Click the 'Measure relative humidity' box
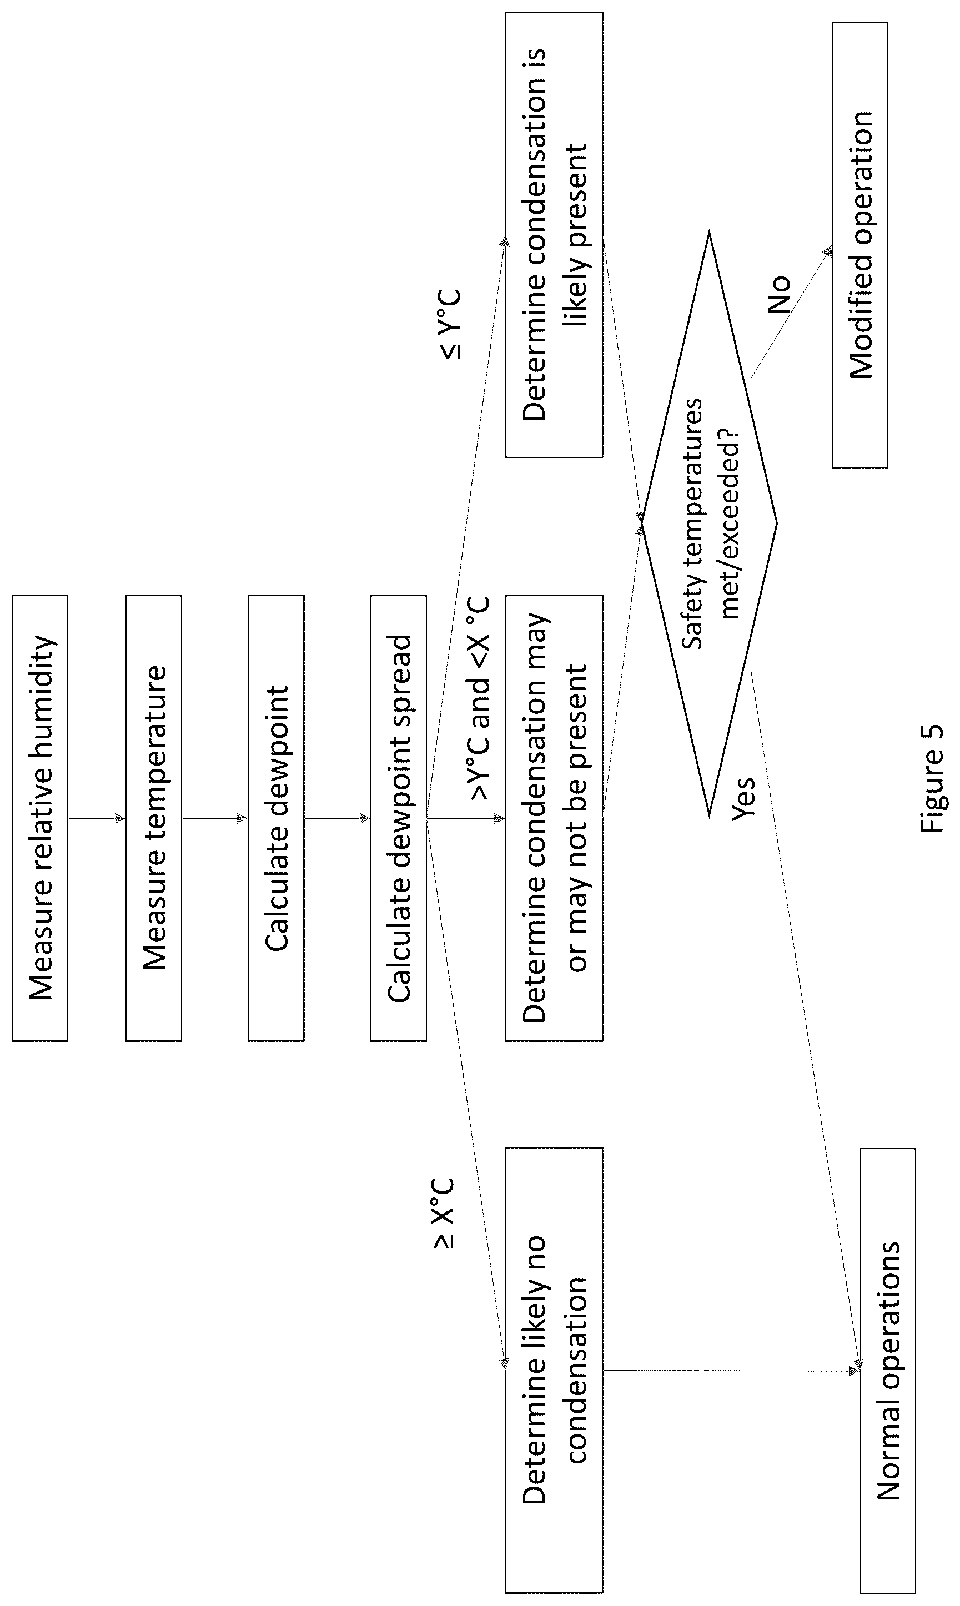(x=40, y=818)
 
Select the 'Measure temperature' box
(x=154, y=818)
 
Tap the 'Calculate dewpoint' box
(x=276, y=818)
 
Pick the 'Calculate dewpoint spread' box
(x=399, y=818)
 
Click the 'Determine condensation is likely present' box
(x=554, y=235)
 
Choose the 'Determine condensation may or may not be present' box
(x=554, y=818)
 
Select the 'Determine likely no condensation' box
(x=554, y=1370)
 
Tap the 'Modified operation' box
(x=860, y=245)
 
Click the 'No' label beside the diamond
(x=779, y=294)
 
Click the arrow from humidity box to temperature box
(x=97, y=818)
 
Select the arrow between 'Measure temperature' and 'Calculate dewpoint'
(x=215, y=818)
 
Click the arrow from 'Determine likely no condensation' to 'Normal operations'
(x=732, y=1370)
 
